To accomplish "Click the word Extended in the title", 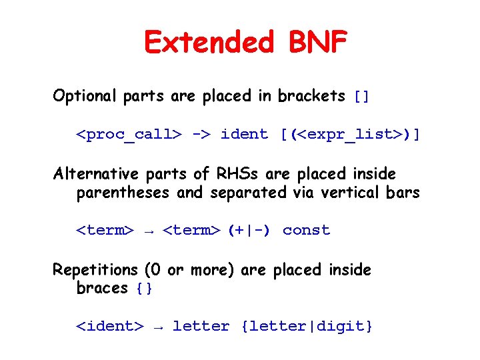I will pos(209,43).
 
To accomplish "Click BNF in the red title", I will pos(318,43).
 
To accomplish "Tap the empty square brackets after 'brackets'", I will pos(361,97).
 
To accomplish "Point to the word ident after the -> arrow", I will pos(244,135).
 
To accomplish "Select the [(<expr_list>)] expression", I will pos(350,135).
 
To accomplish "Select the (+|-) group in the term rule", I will pos(249,231).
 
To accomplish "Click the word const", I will pos(306,231).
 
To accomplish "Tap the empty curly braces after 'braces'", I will pos(144,289).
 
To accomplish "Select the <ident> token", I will pos(109,327).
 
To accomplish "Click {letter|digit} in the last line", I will pos(307,327).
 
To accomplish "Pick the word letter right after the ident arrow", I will pos(201,327).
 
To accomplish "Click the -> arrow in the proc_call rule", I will pos(201,135).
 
